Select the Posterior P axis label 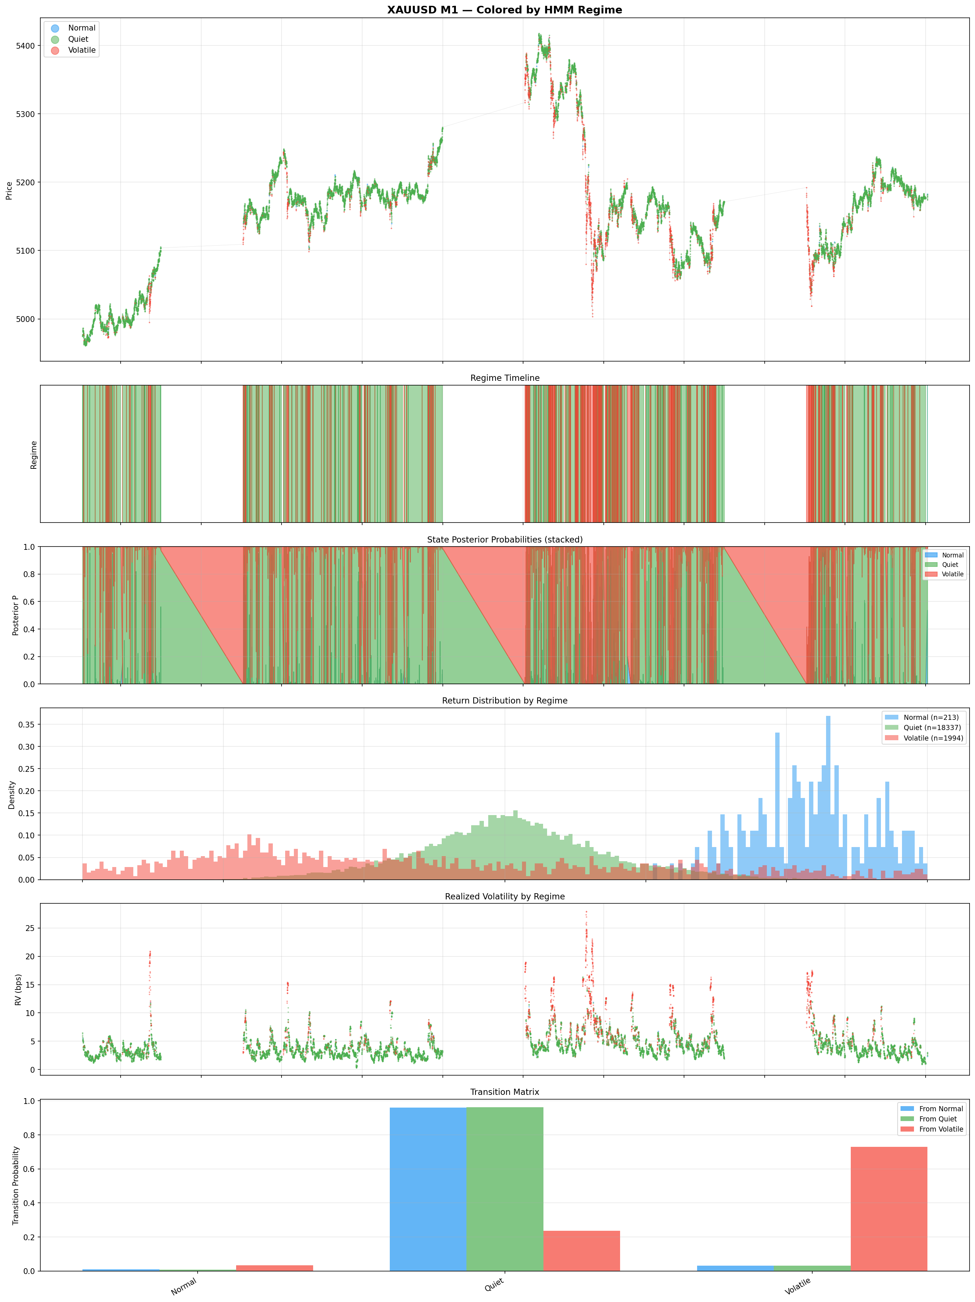click(16, 615)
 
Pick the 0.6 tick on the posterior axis click(29, 601)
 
